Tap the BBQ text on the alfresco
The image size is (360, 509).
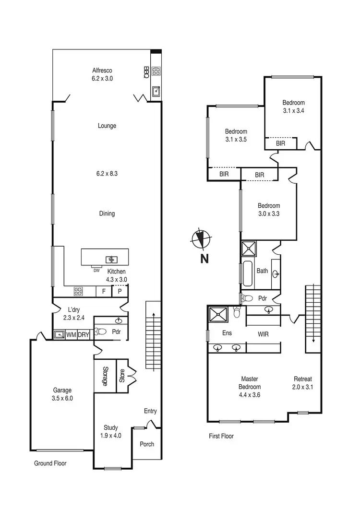coord(146,72)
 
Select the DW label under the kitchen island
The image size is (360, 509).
coord(96,270)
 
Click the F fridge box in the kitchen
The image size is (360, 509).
coord(103,291)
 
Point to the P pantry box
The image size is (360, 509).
coord(120,291)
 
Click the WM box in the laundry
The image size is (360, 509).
coord(71,334)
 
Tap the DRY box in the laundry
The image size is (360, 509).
coord(84,334)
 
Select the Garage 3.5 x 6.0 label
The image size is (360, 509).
coord(61,394)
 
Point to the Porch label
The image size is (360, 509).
coord(147,444)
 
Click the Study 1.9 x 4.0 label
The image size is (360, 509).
coord(111,431)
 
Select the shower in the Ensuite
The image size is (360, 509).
coord(219,315)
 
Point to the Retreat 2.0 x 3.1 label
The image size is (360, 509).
coord(302,382)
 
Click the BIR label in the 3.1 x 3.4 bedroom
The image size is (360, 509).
coord(281,143)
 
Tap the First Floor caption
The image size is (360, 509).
coord(221,436)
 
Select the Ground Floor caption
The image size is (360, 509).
coord(50,463)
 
